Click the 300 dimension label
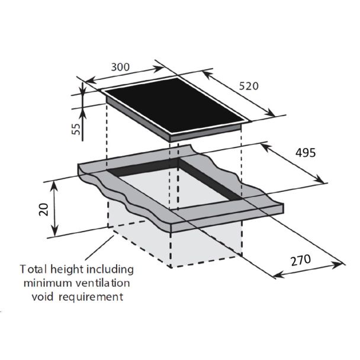(120, 67)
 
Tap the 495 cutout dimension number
(304, 153)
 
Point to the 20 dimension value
(43, 209)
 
